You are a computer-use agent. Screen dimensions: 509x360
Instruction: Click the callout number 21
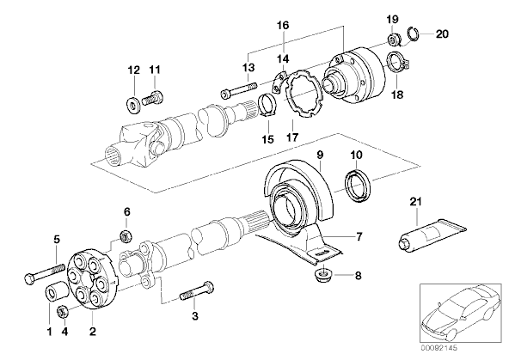415,202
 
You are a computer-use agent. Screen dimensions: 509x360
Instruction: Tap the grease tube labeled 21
432,235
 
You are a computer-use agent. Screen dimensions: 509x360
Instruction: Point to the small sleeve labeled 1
56,291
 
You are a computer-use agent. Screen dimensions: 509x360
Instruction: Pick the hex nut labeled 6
126,236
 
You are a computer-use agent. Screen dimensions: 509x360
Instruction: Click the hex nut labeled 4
62,312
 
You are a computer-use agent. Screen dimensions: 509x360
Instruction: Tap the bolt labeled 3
196,291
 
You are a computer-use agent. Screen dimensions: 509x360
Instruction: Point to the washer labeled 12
132,104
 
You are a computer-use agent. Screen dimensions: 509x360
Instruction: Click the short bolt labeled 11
152,98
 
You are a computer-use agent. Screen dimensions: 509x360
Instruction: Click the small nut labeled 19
394,40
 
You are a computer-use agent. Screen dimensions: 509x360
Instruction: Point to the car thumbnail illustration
460,313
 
